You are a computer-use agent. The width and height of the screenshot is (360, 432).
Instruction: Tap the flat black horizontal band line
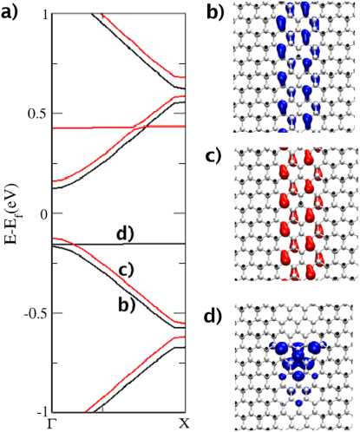(87, 244)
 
